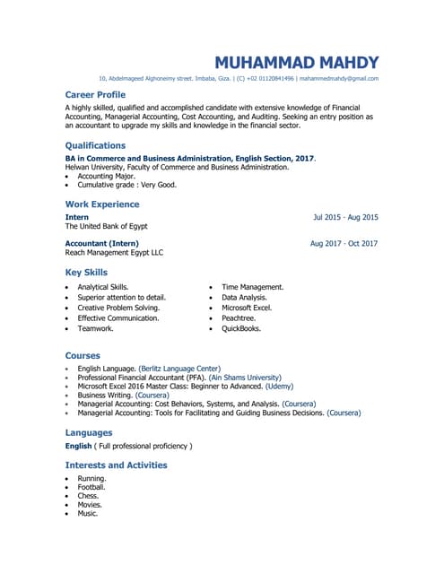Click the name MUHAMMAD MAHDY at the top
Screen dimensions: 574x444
pyautogui.click(x=296, y=63)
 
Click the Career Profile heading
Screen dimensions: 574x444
pyautogui.click(x=95, y=94)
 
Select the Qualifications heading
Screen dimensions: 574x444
pyautogui.click(x=95, y=145)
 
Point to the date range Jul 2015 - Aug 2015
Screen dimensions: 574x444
pyautogui.click(x=345, y=217)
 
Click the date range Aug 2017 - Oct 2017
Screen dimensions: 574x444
pyautogui.click(x=344, y=243)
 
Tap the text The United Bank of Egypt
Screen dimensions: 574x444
pyautogui.click(x=106, y=227)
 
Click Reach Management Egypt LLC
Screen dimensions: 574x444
pyautogui.click(x=114, y=253)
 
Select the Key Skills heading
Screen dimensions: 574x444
pyautogui.click(x=86, y=273)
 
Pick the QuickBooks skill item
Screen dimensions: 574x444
pyautogui.click(x=241, y=329)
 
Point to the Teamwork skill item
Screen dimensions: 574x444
pyautogui.click(x=95, y=329)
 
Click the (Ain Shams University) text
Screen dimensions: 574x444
pyautogui.click(x=245, y=378)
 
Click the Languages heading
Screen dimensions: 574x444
pyautogui.click(x=89, y=432)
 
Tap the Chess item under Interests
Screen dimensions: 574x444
pyautogui.click(x=88, y=496)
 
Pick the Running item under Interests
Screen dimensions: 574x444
pyautogui.click(x=91, y=479)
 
